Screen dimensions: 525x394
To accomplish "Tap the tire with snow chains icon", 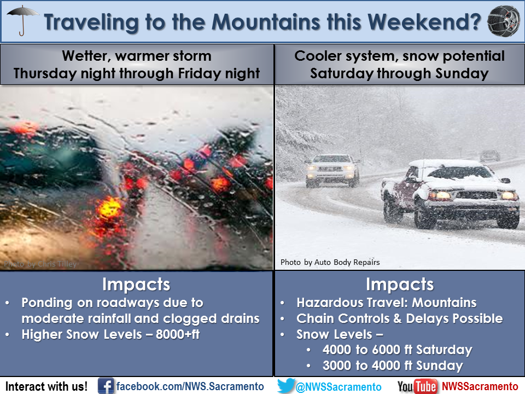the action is (504, 21).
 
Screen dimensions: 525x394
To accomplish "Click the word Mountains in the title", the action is (266, 22).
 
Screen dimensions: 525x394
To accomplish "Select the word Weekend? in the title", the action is (424, 22).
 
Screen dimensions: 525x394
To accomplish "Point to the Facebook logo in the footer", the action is (106, 386).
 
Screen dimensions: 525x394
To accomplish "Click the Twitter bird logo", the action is (286, 385).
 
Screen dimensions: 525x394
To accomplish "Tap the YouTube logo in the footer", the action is (417, 386).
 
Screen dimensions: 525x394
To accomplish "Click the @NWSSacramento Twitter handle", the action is (339, 387).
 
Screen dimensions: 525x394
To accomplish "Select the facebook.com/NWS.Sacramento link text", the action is (190, 386).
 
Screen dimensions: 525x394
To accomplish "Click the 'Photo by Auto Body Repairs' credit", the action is (330, 262).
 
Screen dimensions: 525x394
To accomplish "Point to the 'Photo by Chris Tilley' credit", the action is (40, 264).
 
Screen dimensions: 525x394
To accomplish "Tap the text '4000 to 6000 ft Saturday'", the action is (398, 350).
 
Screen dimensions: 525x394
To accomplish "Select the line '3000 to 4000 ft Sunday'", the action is (393, 366).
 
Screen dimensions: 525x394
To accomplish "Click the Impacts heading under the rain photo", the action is (136, 285).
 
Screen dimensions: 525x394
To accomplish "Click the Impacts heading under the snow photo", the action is (400, 285).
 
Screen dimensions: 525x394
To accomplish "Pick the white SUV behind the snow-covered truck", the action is (332, 170).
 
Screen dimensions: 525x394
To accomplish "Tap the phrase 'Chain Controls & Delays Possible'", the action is (400, 318).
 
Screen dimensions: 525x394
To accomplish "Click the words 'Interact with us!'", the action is (46, 386).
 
